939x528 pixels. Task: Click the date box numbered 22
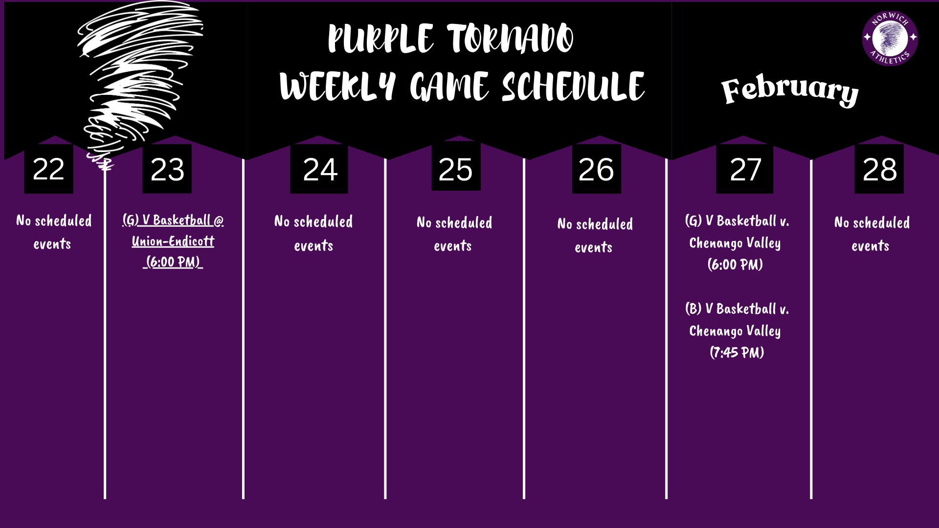[48, 169]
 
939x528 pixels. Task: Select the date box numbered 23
[167, 169]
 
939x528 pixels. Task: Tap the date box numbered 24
[319, 169]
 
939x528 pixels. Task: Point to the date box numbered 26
[596, 169]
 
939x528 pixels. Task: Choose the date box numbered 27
[745, 169]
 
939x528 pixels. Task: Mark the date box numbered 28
[879, 169]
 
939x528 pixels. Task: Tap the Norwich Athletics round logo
[890, 38]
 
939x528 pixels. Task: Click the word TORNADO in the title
[510, 39]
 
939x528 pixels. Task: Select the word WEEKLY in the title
[337, 87]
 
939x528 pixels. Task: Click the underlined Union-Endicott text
[173, 241]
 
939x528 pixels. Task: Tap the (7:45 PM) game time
[737, 352]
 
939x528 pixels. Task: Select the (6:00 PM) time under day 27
[735, 264]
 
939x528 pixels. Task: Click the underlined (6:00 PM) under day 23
[173, 262]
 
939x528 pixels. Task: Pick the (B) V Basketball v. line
[737, 309]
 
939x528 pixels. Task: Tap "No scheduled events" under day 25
[454, 234]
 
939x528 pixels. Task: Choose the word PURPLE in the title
[380, 39]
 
